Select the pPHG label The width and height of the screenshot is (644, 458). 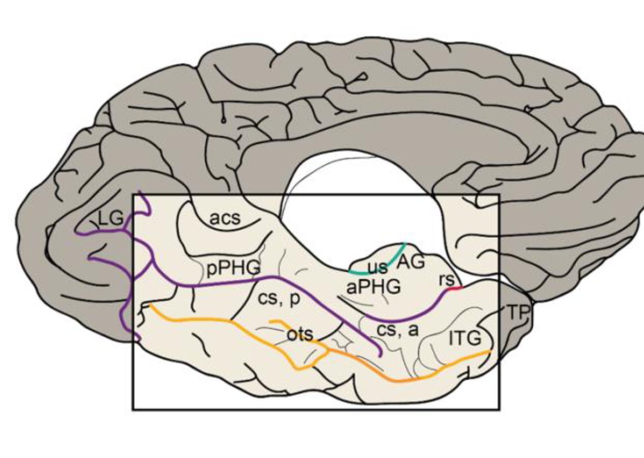[233, 268]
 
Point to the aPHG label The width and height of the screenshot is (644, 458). [373, 287]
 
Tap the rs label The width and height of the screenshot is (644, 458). [446, 280]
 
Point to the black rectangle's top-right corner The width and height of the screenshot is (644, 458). [499, 195]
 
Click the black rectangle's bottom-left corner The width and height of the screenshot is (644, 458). [133, 409]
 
